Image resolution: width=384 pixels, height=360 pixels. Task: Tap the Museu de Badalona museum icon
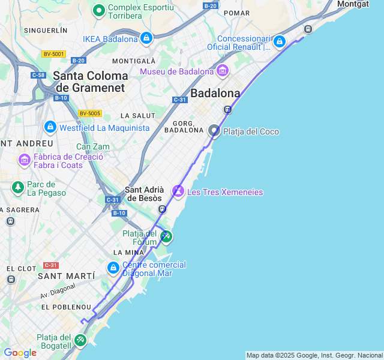pyautogui.click(x=223, y=71)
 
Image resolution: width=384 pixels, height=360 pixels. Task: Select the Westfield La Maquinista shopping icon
pyautogui.click(x=50, y=128)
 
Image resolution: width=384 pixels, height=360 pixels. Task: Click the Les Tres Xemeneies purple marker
pyautogui.click(x=178, y=191)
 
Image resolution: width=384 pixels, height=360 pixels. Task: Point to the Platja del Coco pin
pyautogui.click(x=214, y=131)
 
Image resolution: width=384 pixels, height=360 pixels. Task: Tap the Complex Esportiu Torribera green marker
pyautogui.click(x=99, y=10)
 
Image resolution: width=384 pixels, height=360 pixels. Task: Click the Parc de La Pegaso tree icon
pyautogui.click(x=17, y=188)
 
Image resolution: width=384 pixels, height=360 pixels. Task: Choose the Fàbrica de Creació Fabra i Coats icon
pyautogui.click(x=25, y=160)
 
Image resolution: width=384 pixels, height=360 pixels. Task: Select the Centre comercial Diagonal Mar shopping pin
pyautogui.click(x=113, y=268)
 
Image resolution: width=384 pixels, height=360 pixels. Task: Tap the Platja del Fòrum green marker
pyautogui.click(x=166, y=237)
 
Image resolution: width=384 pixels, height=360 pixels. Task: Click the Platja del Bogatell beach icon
pyautogui.click(x=80, y=340)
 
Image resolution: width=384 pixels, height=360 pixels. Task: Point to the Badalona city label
pyautogui.click(x=215, y=93)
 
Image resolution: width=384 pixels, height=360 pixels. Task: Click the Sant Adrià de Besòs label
pyautogui.click(x=143, y=194)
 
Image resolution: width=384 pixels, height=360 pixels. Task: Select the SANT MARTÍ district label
pyautogui.click(x=66, y=276)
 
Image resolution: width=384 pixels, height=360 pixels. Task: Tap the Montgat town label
pyautogui.click(x=353, y=4)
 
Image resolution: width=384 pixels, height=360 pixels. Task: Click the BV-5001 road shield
pyautogui.click(x=53, y=54)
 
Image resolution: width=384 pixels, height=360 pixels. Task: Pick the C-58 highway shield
pyautogui.click(x=38, y=75)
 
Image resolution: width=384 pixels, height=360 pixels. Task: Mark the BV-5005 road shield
pyautogui.click(x=90, y=113)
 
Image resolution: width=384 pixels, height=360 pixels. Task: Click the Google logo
pyautogui.click(x=20, y=353)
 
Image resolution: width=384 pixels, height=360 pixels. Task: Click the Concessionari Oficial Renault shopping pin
pyautogui.click(x=279, y=42)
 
